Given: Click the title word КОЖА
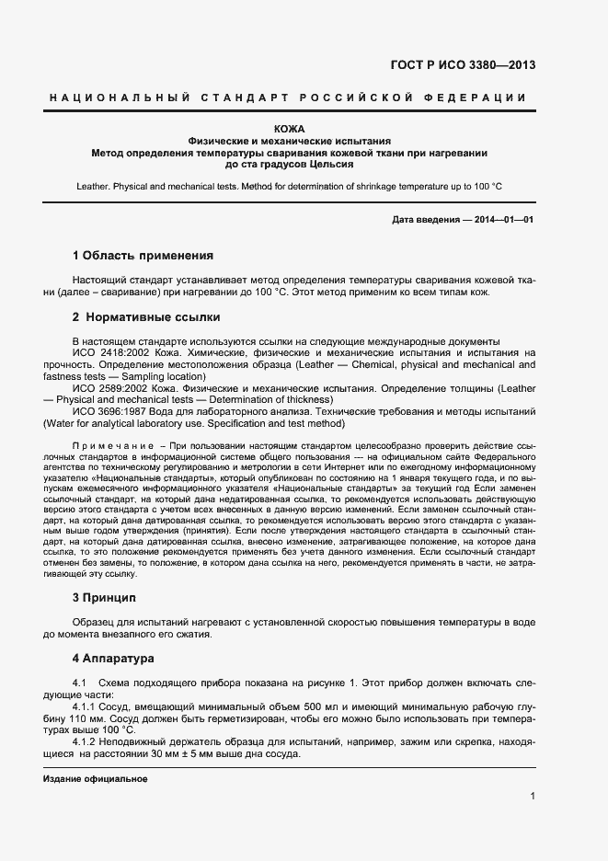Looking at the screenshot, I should [x=290, y=129].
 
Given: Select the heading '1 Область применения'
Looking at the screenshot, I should [x=143, y=255].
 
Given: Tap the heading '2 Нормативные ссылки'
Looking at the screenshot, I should [x=145, y=317].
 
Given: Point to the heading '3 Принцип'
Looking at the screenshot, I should [x=105, y=597].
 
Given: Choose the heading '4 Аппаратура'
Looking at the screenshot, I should [x=114, y=659].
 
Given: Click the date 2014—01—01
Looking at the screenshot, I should [x=500, y=220].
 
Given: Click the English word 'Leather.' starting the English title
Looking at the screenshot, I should [x=97, y=186].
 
